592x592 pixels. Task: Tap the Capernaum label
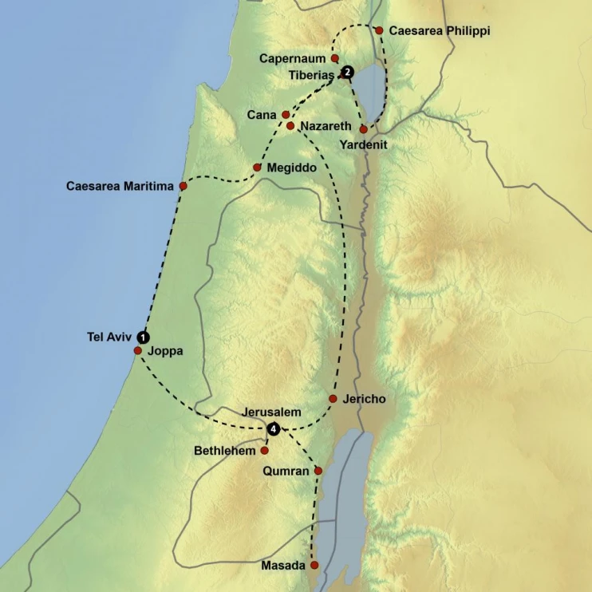pyautogui.click(x=294, y=58)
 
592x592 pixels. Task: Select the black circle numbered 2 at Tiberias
pyautogui.click(x=348, y=73)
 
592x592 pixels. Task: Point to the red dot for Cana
pyautogui.click(x=286, y=115)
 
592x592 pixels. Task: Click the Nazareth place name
pyautogui.click(x=326, y=127)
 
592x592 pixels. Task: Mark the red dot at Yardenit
pyautogui.click(x=364, y=129)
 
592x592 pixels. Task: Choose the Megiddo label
pyautogui.click(x=293, y=168)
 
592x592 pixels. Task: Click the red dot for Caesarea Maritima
pyautogui.click(x=183, y=186)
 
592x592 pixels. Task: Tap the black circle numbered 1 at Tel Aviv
pyautogui.click(x=143, y=337)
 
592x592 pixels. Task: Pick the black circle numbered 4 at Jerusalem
pyautogui.click(x=274, y=429)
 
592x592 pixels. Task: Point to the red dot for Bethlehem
pyautogui.click(x=265, y=451)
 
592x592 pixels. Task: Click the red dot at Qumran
pyautogui.click(x=318, y=471)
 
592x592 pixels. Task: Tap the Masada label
pyautogui.click(x=283, y=566)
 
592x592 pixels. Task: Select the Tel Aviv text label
pyautogui.click(x=109, y=337)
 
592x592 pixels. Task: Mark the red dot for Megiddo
pyautogui.click(x=257, y=168)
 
